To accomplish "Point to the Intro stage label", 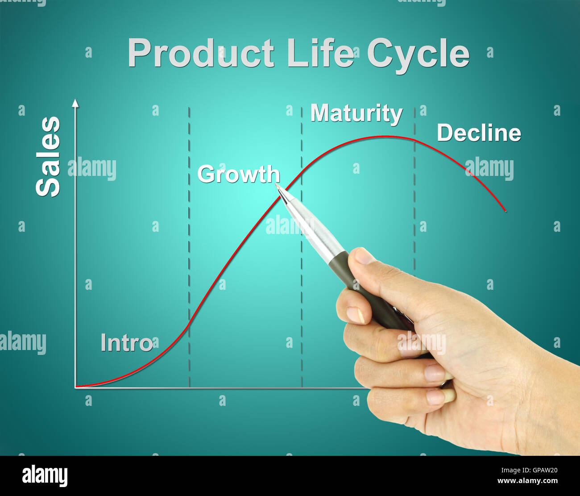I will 126,343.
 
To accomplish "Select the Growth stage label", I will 238,174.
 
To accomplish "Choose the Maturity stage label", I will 356,113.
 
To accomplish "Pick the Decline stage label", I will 479,133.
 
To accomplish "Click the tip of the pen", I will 276,184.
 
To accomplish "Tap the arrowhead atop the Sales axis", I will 75,103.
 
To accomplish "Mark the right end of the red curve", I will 505,211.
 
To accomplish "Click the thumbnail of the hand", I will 363,256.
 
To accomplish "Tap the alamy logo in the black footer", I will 45,475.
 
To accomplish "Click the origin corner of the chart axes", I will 75,388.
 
